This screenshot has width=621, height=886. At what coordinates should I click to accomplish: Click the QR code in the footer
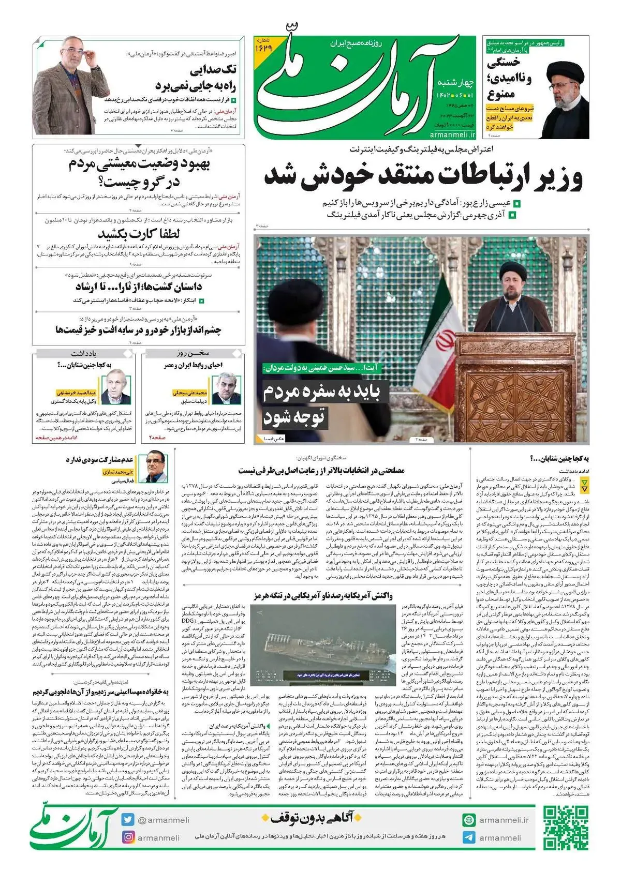tap(565, 827)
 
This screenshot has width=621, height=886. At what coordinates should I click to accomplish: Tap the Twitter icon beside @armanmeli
tap(128, 820)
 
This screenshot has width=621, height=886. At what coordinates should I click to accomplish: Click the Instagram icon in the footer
tap(128, 837)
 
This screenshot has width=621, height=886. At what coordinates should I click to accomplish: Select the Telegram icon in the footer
tap(469, 837)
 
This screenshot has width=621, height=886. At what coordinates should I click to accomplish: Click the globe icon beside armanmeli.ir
tap(469, 820)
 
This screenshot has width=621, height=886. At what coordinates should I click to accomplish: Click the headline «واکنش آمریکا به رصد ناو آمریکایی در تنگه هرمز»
tap(323, 596)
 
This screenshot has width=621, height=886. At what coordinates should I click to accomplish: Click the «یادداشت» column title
tap(84, 353)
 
